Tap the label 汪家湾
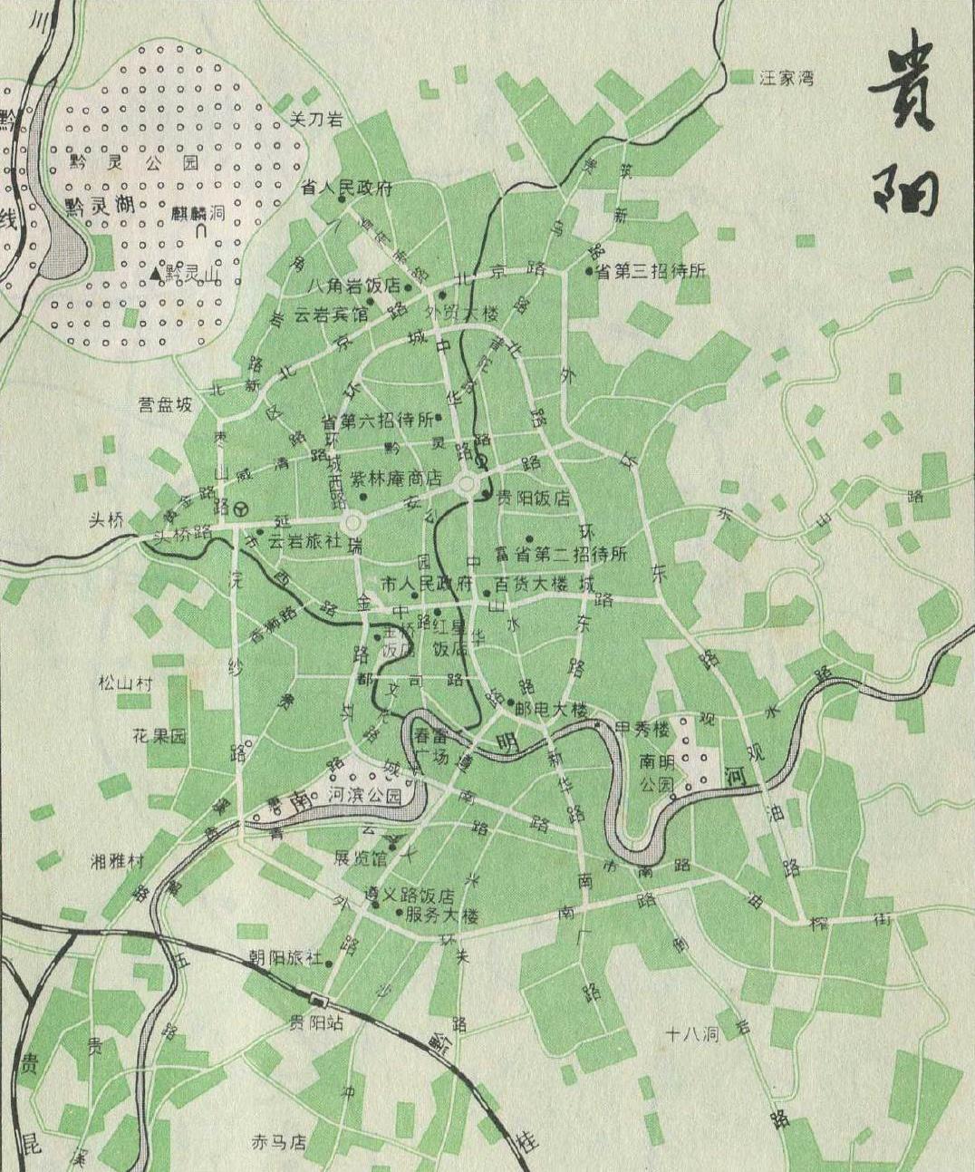[x=786, y=78]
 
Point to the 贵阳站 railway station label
[x=315, y=1022]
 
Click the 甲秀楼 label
[x=642, y=727]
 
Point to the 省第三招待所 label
[x=652, y=271]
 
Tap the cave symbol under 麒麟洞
[x=201, y=232]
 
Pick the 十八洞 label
[x=692, y=1033]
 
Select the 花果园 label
[x=159, y=735]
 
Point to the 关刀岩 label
[x=314, y=118]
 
